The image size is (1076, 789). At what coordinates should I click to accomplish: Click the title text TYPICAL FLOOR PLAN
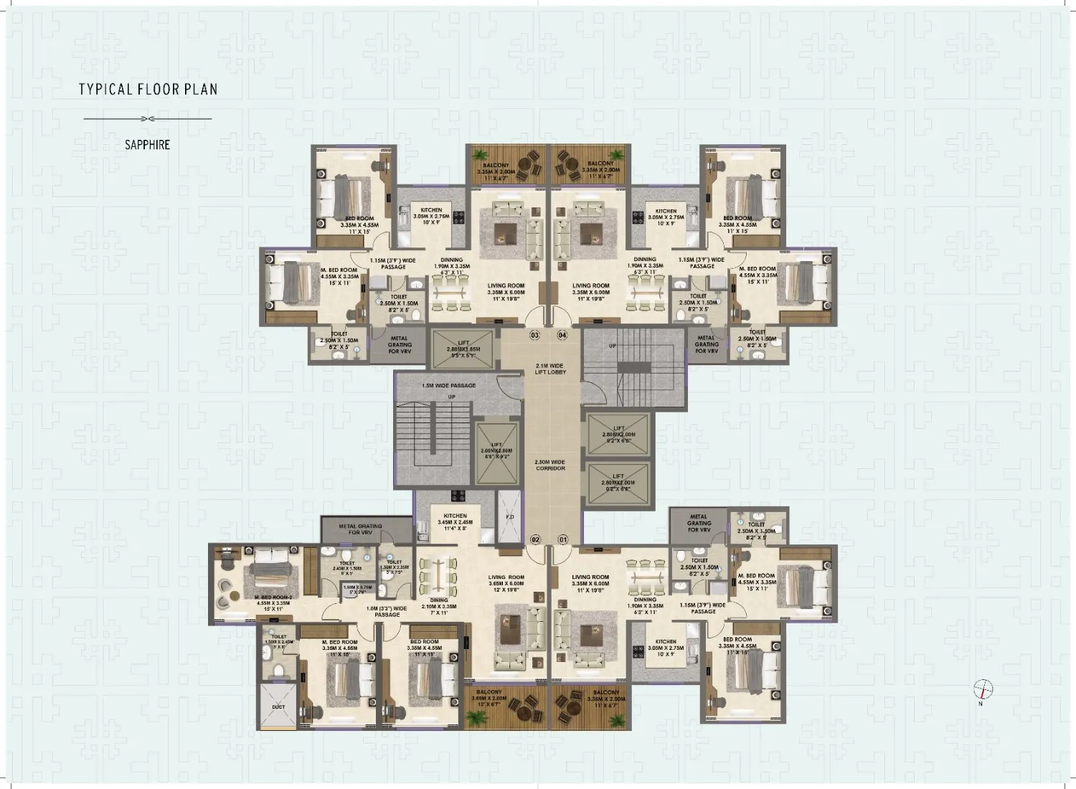pyautogui.click(x=148, y=90)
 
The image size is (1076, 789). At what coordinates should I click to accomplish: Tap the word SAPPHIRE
pyautogui.click(x=147, y=145)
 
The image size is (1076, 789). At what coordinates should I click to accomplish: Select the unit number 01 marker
pyautogui.click(x=562, y=539)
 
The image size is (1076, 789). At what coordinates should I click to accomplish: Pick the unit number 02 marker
pyautogui.click(x=535, y=539)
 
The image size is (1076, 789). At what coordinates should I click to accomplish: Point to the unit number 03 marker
pyautogui.click(x=534, y=335)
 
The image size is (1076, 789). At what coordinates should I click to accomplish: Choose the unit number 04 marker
pyautogui.click(x=562, y=335)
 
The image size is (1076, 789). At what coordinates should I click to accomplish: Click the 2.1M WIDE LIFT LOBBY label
pyautogui.click(x=550, y=369)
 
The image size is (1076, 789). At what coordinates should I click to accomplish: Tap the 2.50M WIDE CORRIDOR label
pyautogui.click(x=550, y=465)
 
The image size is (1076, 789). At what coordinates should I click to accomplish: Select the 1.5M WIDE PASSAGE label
pyautogui.click(x=449, y=386)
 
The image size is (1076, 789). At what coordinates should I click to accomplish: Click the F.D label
pyautogui.click(x=510, y=516)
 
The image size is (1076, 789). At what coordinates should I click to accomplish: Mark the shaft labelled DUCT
pyautogui.click(x=278, y=707)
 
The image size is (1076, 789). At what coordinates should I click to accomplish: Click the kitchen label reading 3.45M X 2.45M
pyautogui.click(x=455, y=521)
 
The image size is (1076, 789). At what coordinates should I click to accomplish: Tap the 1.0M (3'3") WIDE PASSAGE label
pyautogui.click(x=387, y=611)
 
